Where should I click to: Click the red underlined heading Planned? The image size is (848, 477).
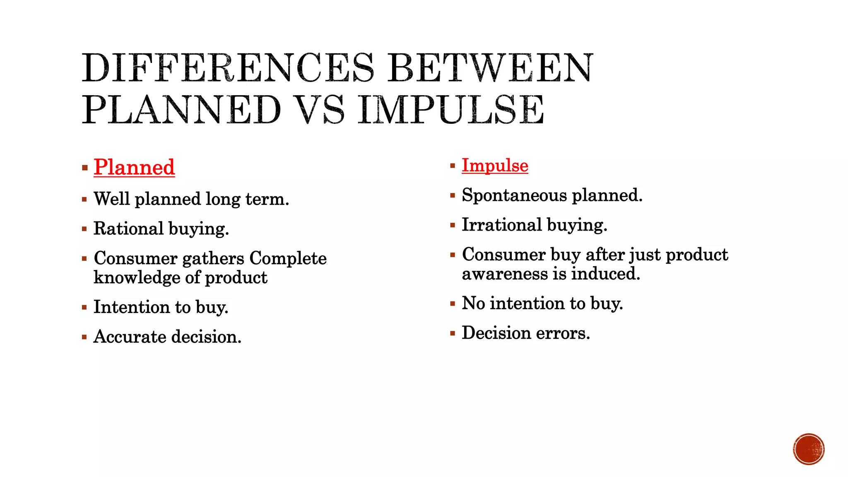tap(134, 167)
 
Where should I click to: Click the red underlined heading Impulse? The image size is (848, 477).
tap(495, 165)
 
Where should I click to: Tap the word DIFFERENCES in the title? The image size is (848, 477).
tap(228, 68)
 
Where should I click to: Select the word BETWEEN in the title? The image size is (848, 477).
tap(491, 68)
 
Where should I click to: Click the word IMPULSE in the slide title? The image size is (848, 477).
tap(451, 109)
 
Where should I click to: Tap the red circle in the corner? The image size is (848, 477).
tap(809, 449)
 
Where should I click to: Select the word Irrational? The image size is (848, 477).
tap(501, 225)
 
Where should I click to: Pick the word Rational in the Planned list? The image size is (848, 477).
tap(128, 229)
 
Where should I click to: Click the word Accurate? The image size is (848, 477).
tap(130, 337)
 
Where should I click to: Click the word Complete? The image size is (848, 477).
tap(288, 258)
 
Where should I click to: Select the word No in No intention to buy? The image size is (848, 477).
tap(473, 303)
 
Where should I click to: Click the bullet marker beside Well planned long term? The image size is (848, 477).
tap(84, 200)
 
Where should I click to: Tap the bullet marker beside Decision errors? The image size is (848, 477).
tap(453, 333)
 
